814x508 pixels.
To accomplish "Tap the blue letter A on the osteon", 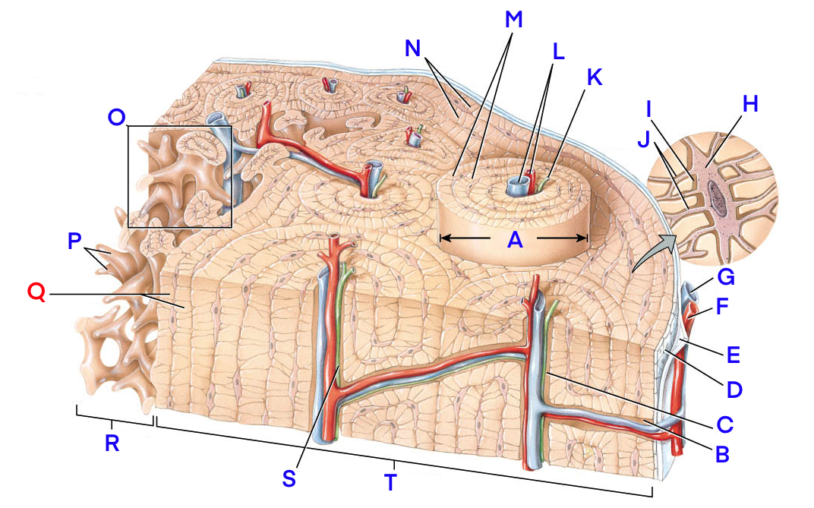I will coord(516,239).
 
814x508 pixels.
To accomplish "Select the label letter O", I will coord(117,117).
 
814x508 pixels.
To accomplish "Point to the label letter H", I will coord(750,105).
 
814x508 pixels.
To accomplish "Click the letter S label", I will coord(289,478).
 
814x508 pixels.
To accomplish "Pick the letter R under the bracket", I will coord(112,443).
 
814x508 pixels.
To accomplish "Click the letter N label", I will coord(413,49).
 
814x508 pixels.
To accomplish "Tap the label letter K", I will coord(594,77).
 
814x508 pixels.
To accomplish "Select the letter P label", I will coord(74,241).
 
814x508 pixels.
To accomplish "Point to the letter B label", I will coord(722,454).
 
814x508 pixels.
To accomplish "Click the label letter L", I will coord(558,52).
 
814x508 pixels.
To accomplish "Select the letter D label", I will coord(733,390).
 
